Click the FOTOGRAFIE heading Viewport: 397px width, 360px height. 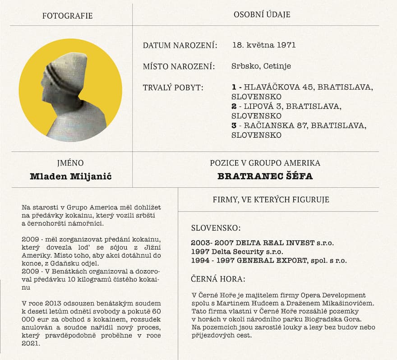tap(67, 16)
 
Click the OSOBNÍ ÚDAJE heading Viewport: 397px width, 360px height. tap(262, 15)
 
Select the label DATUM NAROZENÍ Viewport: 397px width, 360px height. tap(180, 46)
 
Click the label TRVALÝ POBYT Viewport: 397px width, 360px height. tap(173, 88)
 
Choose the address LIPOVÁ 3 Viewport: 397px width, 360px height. tap(262, 106)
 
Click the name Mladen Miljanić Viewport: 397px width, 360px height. tap(70, 176)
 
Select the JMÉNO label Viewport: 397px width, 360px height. tap(71, 163)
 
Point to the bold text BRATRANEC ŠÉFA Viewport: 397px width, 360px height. tap(265, 176)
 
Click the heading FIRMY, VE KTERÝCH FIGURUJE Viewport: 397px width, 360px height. tap(271, 199)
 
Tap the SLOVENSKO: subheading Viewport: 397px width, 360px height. tap(216, 228)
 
